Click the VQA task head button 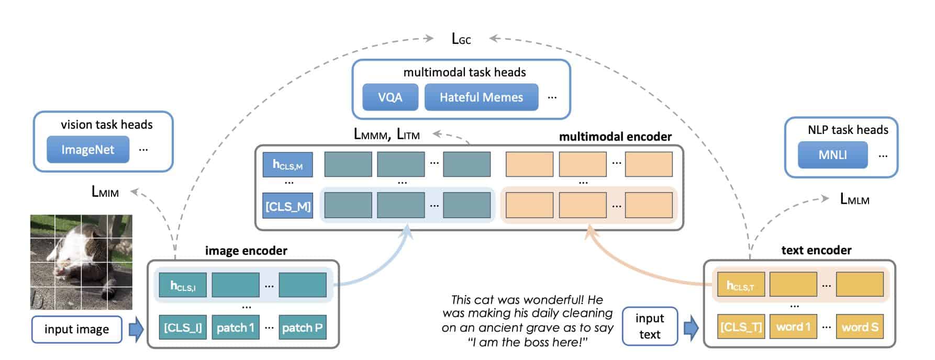pyautogui.click(x=390, y=97)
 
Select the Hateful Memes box pyautogui.click(x=481, y=97)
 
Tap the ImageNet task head pyautogui.click(x=87, y=150)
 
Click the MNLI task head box pyautogui.click(x=832, y=155)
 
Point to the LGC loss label pyautogui.click(x=461, y=39)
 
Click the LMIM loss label pyautogui.click(x=105, y=192)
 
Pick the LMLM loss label pyautogui.click(x=854, y=199)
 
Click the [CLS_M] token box pyautogui.click(x=287, y=206)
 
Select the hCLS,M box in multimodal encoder pyautogui.click(x=287, y=165)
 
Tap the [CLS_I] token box pyautogui.click(x=183, y=328)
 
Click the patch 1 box pyautogui.click(x=235, y=328)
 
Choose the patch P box pyautogui.click(x=302, y=328)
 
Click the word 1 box pyautogui.click(x=793, y=327)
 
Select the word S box pyautogui.click(x=860, y=327)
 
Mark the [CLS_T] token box pyautogui.click(x=741, y=327)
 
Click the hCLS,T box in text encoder pyautogui.click(x=741, y=285)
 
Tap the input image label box pyautogui.click(x=76, y=329)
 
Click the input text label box pyautogui.click(x=650, y=327)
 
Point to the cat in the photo pyautogui.click(x=79, y=256)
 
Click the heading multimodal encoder pyautogui.click(x=615, y=137)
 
